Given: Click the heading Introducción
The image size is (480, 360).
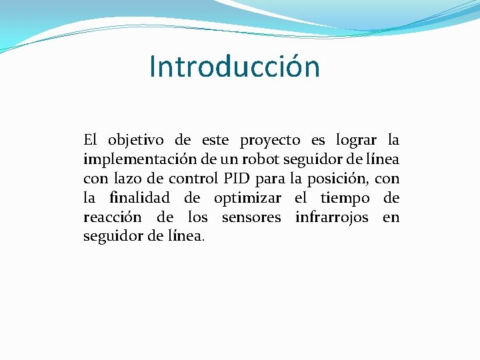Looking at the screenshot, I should pos(235,67).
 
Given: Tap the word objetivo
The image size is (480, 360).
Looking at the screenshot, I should pos(136,141).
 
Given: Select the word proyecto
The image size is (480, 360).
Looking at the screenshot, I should pos(270,141).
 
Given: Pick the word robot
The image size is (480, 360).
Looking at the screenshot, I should pos(261,160).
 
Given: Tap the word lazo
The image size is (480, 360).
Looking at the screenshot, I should pos(127,179).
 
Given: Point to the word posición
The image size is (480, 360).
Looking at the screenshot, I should pos(337,179).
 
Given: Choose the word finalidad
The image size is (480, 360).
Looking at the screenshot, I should pos(138,198).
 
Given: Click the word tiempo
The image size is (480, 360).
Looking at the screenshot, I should pos(345,199).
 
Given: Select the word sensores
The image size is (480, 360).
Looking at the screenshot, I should pos(251,217).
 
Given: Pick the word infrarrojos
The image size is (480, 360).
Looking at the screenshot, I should pos(331,217).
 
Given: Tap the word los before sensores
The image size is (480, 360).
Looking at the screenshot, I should pos(198,217).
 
